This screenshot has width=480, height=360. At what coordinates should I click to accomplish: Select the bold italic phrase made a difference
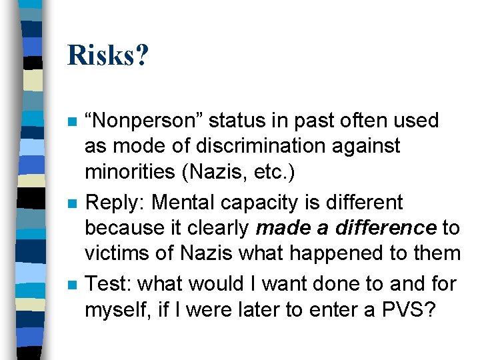(346, 228)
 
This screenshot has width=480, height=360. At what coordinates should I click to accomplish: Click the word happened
(343, 253)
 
